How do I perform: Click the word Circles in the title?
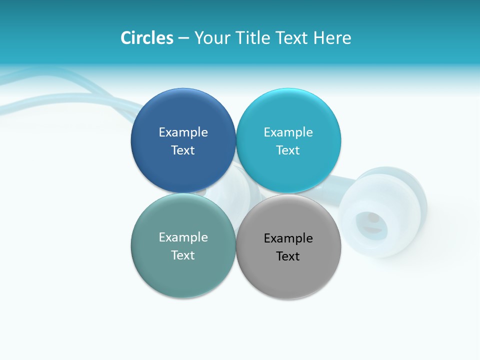click(x=146, y=38)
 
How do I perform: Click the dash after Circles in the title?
click(x=183, y=38)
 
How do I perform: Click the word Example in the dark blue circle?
click(x=183, y=132)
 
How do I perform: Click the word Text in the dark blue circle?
click(x=183, y=150)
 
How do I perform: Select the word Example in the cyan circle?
click(x=288, y=132)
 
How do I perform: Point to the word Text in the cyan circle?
click(x=288, y=150)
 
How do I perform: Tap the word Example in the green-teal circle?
click(x=183, y=237)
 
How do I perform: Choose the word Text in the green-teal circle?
click(x=183, y=255)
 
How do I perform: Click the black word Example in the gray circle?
click(x=288, y=238)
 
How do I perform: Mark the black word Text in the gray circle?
click(x=288, y=256)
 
